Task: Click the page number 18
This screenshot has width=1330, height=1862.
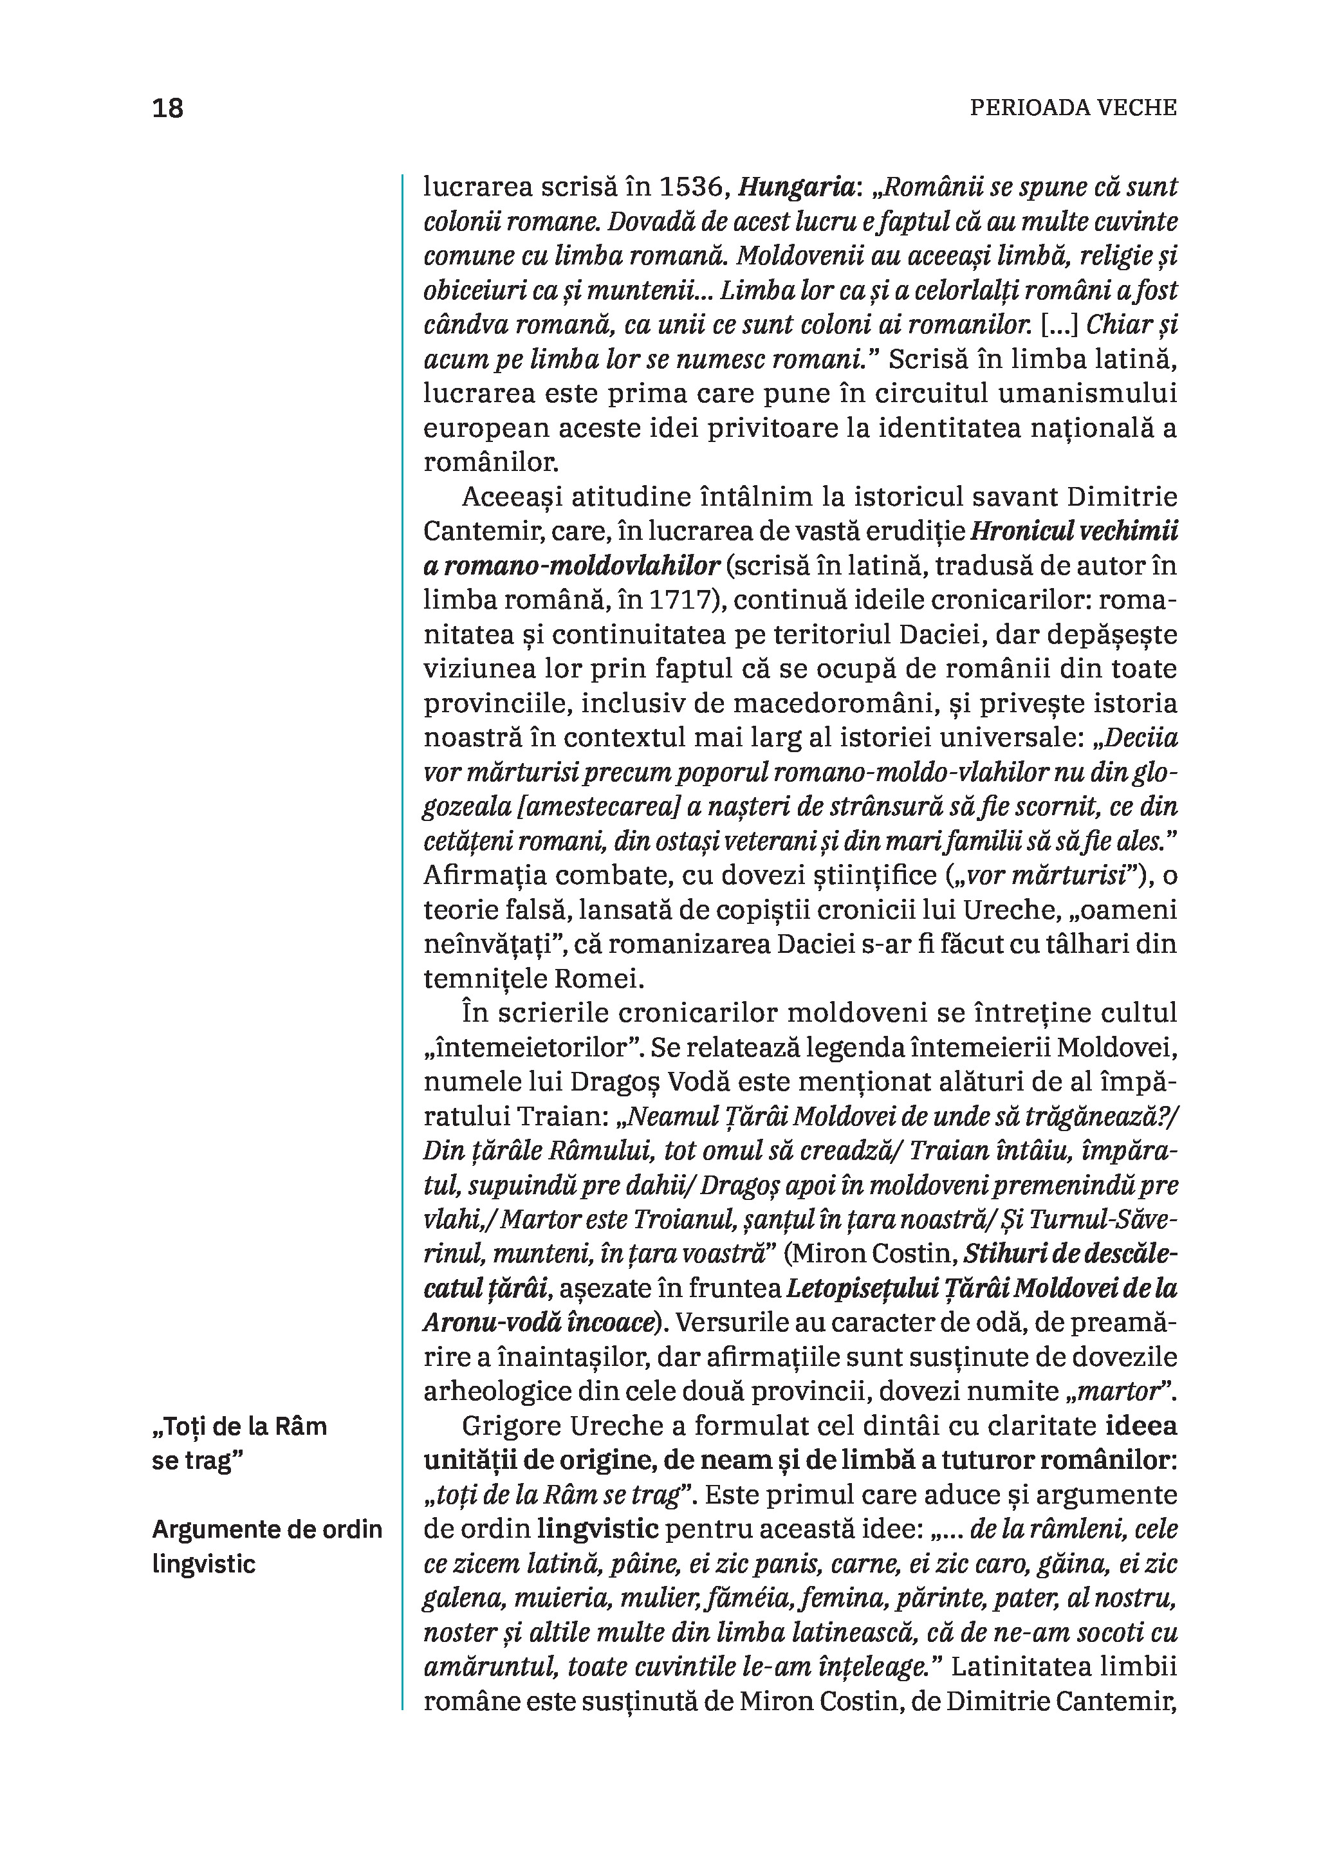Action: (168, 108)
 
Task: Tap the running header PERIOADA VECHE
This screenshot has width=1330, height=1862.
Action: (1073, 108)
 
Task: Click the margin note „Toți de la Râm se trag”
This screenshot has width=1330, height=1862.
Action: (239, 1443)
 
